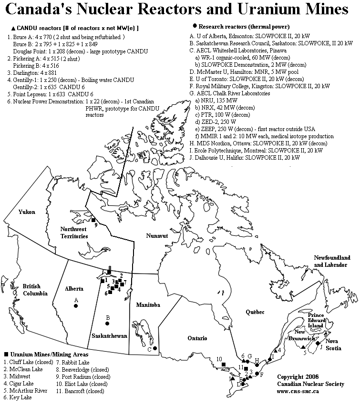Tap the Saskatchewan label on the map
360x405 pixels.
point(109,335)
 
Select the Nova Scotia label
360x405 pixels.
point(333,344)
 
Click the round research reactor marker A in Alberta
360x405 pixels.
point(76,306)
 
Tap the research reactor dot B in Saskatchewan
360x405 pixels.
point(108,324)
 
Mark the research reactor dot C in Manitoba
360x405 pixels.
point(155,348)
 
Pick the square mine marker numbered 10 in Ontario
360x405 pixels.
point(224,365)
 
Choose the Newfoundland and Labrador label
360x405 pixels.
point(332,261)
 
